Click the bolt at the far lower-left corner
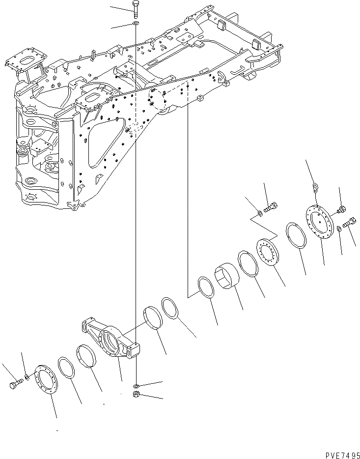click(x=14, y=385)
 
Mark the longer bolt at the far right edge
click(x=349, y=223)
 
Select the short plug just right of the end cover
click(x=340, y=211)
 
